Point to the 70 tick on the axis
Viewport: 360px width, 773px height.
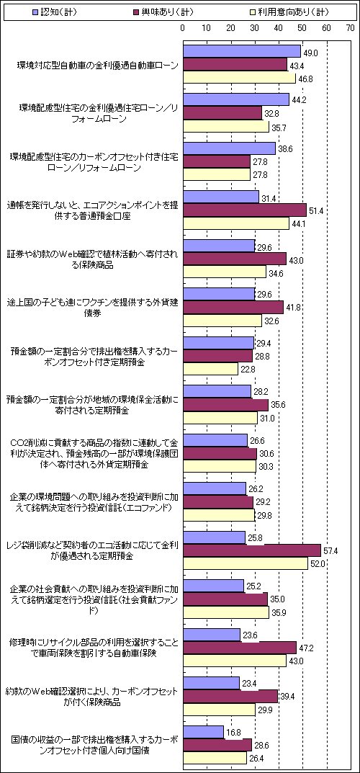click(350, 28)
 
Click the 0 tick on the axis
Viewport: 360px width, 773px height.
click(183, 28)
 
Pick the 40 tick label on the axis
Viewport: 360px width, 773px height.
click(279, 28)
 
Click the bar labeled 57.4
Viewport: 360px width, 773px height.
click(252, 550)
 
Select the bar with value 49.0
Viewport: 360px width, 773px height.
click(242, 51)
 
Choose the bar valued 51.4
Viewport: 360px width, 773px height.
click(245, 210)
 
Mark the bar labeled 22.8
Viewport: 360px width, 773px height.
click(211, 368)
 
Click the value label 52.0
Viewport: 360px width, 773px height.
click(317, 565)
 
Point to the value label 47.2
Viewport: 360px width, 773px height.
click(306, 646)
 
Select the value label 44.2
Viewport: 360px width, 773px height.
click(299, 99)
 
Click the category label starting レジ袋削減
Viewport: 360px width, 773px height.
click(93, 550)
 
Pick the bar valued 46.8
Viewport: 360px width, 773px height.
click(239, 79)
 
